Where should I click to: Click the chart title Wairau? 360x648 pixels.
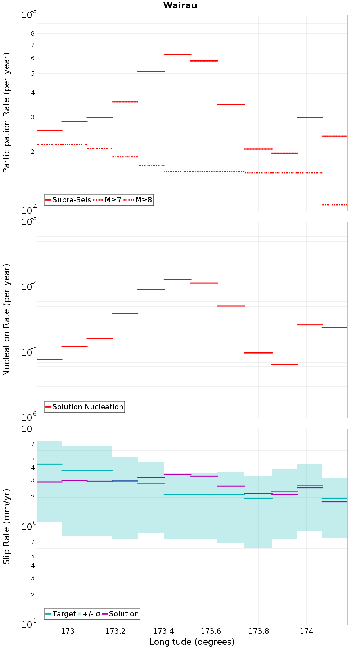[x=180, y=5]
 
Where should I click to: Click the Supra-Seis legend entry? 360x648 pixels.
[x=68, y=200]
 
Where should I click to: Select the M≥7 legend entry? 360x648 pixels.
[x=107, y=200]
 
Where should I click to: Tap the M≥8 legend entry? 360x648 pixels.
[x=138, y=200]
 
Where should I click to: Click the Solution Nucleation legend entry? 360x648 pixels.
[x=85, y=407]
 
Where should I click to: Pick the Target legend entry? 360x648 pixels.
[x=61, y=614]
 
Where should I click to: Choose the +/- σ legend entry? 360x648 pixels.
[x=89, y=614]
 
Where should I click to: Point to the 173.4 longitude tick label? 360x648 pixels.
[x=163, y=631]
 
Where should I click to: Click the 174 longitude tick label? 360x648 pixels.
[x=306, y=631]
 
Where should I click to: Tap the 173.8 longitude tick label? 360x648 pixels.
[x=258, y=631]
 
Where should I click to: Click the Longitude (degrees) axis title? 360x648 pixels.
[x=192, y=642]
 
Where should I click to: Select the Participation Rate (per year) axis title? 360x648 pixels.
[x=6, y=113]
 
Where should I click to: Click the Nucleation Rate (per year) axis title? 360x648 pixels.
[x=6, y=320]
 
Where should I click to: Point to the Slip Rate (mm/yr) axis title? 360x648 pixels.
[x=6, y=526]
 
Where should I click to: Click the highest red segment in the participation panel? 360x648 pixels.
[x=177, y=54]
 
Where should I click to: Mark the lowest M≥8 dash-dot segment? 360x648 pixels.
[x=335, y=205]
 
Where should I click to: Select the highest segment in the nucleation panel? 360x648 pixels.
[x=177, y=280]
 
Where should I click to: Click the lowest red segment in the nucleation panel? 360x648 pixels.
[x=284, y=365]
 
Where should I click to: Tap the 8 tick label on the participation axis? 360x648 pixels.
[x=33, y=33]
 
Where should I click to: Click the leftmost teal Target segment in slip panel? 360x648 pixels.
[x=49, y=464]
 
